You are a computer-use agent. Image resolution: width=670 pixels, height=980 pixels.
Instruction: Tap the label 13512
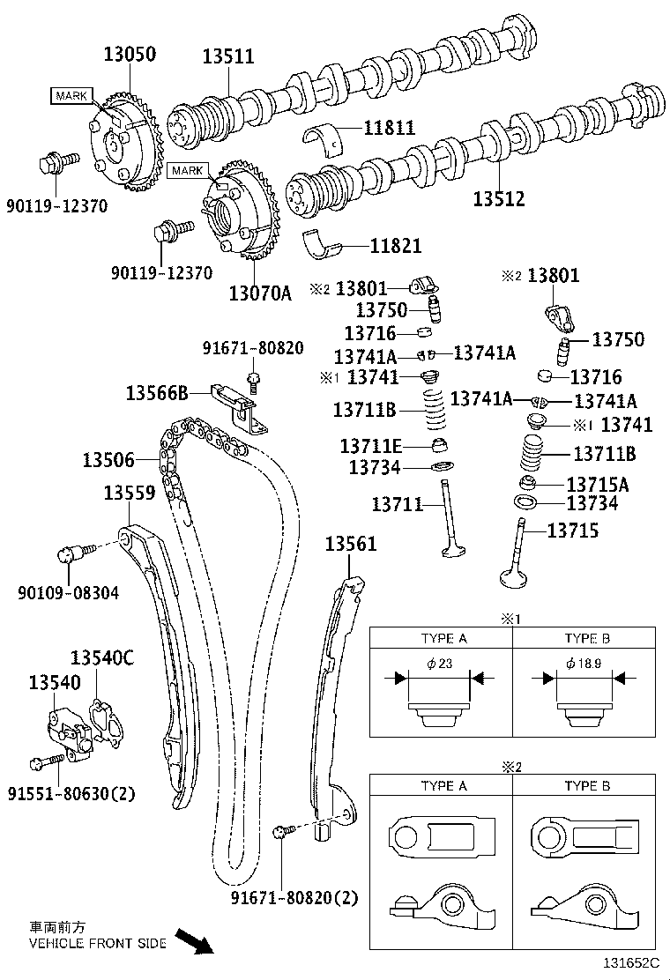pyautogui.click(x=498, y=199)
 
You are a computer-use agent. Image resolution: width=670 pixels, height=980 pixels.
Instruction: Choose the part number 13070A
pyautogui.click(x=259, y=293)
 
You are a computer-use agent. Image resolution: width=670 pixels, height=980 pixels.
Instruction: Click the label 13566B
pyautogui.click(x=157, y=393)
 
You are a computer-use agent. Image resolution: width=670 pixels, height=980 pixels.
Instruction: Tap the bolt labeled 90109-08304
pyautogui.click(x=70, y=554)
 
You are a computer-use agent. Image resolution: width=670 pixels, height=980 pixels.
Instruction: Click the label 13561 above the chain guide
pyautogui.click(x=350, y=544)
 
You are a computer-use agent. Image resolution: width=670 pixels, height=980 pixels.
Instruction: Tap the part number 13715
pyautogui.click(x=572, y=530)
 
